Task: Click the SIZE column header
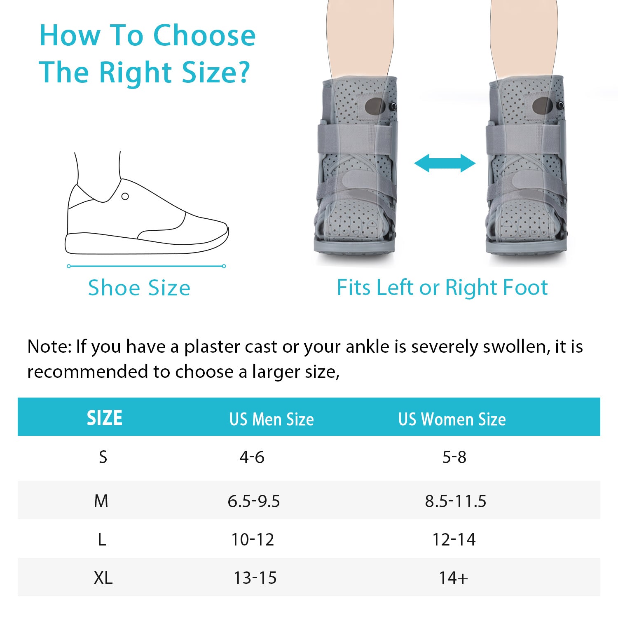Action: click(x=104, y=418)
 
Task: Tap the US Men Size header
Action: click(x=272, y=419)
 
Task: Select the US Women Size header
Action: click(x=452, y=419)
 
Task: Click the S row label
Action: click(x=103, y=457)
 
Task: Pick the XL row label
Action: click(x=103, y=578)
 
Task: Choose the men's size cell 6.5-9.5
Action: click(x=254, y=501)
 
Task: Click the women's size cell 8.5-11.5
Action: click(x=456, y=501)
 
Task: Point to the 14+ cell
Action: click(x=453, y=578)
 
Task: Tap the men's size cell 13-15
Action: click(x=255, y=578)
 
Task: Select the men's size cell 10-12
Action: click(x=253, y=539)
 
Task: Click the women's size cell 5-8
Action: click(x=454, y=457)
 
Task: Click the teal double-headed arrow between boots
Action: click(x=445, y=163)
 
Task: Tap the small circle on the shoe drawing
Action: click(x=125, y=197)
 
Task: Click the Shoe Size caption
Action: click(x=139, y=288)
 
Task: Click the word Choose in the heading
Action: click(x=204, y=35)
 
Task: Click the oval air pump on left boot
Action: click(x=375, y=107)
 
